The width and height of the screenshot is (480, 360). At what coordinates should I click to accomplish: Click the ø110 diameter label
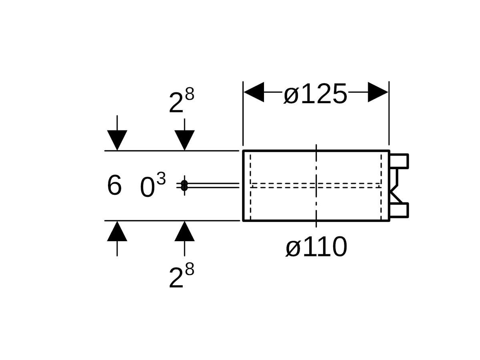(316, 247)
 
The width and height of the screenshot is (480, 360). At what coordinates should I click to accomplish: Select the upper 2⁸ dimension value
(181, 102)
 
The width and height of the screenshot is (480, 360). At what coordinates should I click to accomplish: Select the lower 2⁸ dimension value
(181, 277)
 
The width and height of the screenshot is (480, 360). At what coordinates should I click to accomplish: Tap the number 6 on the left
(114, 186)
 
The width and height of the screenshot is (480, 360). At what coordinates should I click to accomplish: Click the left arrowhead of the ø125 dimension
(254, 92)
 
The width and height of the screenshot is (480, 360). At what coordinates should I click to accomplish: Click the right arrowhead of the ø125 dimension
(378, 92)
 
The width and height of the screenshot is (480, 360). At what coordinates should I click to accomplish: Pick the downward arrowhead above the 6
(117, 140)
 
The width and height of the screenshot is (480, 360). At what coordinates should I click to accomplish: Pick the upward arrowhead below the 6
(117, 232)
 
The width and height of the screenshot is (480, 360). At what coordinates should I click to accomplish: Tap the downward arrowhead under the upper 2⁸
(184, 140)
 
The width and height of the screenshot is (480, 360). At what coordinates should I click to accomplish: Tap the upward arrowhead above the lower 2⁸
(184, 232)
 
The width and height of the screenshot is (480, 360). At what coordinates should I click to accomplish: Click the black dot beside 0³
(184, 186)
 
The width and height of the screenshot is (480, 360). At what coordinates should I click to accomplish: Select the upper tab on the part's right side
(399, 160)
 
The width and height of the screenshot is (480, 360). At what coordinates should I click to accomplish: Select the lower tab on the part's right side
(399, 211)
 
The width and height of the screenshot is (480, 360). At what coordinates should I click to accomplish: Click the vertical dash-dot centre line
(316, 168)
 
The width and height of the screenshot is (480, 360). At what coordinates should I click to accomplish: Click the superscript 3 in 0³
(161, 179)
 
